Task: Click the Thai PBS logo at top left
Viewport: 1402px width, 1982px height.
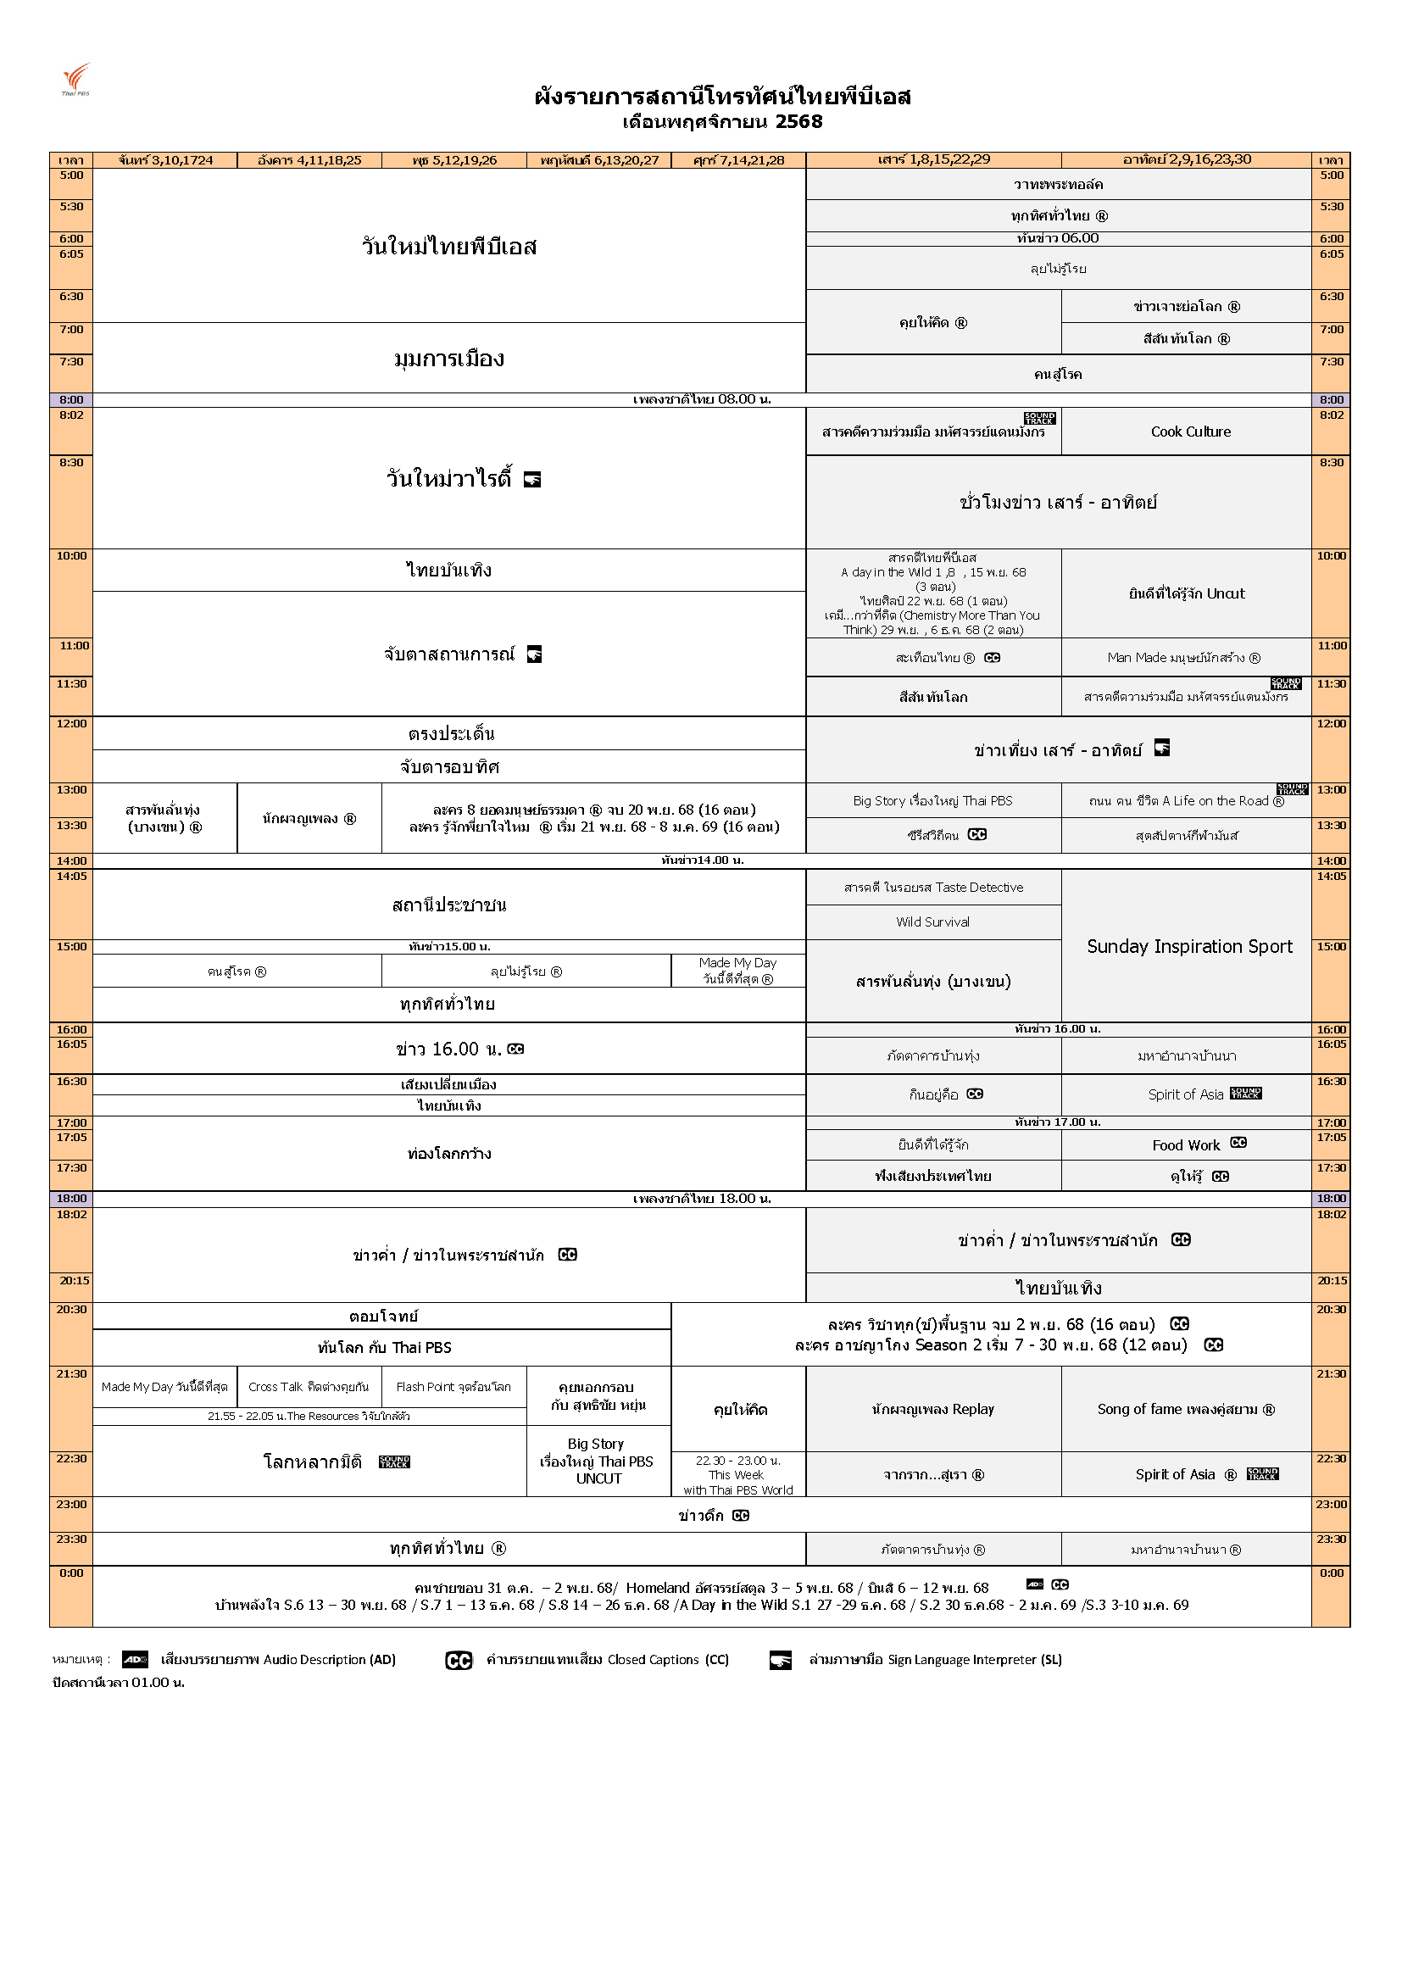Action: point(76,79)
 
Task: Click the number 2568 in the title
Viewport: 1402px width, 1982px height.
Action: point(798,122)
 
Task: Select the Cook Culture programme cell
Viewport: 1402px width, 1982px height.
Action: point(1190,431)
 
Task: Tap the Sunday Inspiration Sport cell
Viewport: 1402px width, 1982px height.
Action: point(1188,946)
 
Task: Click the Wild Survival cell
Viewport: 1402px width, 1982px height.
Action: point(932,922)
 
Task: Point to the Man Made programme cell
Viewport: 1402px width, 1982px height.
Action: point(1183,658)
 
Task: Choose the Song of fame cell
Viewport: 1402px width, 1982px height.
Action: point(1185,1409)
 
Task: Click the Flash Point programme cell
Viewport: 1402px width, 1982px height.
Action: point(453,1387)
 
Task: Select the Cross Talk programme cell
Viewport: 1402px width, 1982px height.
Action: point(309,1387)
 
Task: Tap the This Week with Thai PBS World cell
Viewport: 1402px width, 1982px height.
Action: point(737,1475)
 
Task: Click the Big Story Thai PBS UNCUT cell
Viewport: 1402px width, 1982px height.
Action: point(598,1461)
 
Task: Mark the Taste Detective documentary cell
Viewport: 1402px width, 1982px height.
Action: point(933,888)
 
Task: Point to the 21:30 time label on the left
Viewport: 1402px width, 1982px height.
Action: point(72,1374)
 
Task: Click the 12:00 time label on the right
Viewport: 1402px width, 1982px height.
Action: point(1331,723)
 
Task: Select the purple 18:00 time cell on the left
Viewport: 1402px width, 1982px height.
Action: point(72,1198)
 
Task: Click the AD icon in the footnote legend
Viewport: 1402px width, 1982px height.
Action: point(135,1659)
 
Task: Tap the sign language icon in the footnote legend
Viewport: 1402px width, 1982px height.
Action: point(781,1660)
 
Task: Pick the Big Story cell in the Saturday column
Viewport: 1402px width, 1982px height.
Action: point(932,801)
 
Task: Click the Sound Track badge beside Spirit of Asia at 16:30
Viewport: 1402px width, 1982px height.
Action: point(1246,1094)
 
